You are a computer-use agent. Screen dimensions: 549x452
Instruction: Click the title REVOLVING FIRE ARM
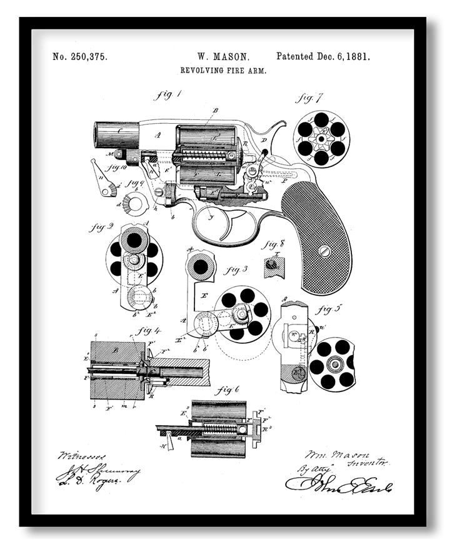click(223, 71)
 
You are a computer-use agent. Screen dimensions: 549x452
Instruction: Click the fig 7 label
click(309, 98)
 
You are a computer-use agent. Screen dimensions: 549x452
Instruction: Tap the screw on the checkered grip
click(324, 250)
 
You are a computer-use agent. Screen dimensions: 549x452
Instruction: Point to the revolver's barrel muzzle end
click(100, 134)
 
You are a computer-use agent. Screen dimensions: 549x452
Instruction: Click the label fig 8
click(273, 244)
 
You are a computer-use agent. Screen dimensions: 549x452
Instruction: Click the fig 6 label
click(227, 391)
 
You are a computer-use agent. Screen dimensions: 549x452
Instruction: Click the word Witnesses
click(74, 456)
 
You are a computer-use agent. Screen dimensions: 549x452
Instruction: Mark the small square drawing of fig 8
click(273, 264)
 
